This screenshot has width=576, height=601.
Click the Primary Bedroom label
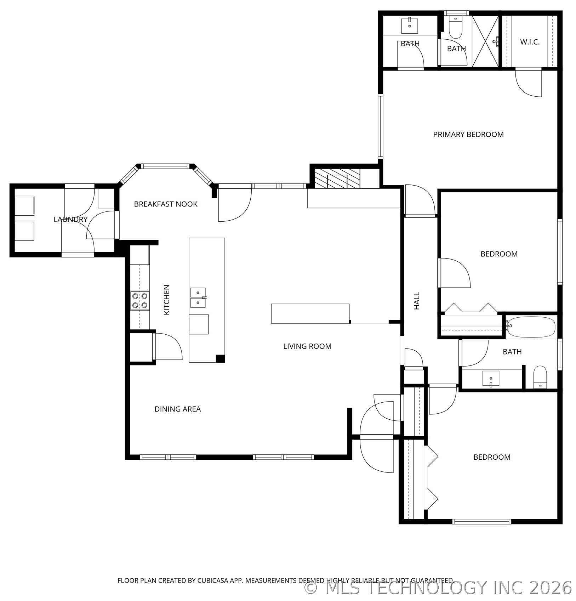point(468,135)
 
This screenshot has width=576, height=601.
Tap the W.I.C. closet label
point(530,42)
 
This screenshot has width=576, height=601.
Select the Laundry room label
point(70,220)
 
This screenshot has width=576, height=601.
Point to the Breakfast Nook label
point(166,204)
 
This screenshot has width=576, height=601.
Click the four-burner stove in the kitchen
point(140,300)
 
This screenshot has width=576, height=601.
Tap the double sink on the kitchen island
point(198,298)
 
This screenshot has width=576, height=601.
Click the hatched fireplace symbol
point(337,178)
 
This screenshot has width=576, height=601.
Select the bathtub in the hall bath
point(531,327)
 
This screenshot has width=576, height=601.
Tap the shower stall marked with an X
point(485,41)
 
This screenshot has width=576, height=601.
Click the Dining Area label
point(177,409)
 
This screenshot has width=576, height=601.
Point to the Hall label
point(417,301)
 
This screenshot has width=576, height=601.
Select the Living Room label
point(307,346)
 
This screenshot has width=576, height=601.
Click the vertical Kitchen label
point(166,300)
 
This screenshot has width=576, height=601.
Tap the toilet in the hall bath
point(540,377)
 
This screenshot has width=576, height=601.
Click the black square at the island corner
point(220,358)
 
